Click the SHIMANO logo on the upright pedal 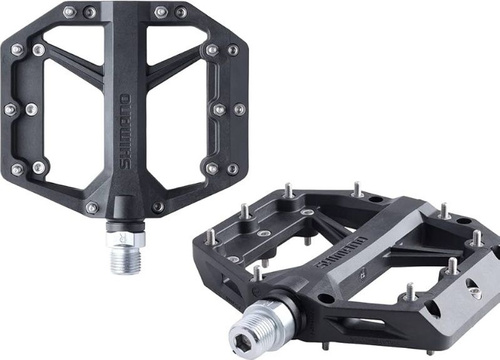point(125,132)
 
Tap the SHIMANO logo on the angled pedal point(341,252)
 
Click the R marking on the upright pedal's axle point(122,238)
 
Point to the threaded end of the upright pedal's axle point(125,261)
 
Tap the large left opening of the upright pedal point(74,121)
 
